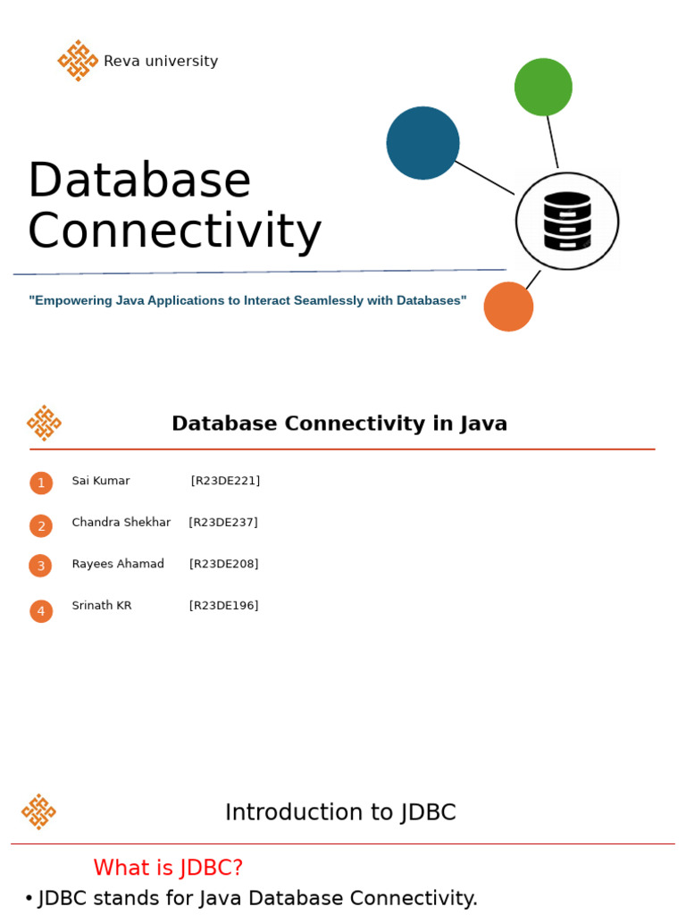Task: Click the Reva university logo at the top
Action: (x=78, y=61)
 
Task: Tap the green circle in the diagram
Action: (x=543, y=87)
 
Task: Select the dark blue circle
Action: (x=422, y=143)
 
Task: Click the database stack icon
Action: (x=567, y=221)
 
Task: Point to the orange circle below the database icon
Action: (x=508, y=306)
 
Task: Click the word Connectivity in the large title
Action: (x=174, y=231)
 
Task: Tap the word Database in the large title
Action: (x=139, y=180)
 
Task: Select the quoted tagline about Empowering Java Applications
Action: (x=247, y=301)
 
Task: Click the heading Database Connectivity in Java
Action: (x=339, y=424)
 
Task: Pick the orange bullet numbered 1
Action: (x=41, y=483)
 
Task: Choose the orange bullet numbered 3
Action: (x=40, y=566)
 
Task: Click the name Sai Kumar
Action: (x=101, y=481)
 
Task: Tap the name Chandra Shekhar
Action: (x=121, y=523)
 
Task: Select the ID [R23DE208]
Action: (x=223, y=564)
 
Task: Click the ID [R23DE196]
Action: (x=223, y=606)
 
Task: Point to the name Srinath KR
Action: (x=102, y=606)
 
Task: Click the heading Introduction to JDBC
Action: (x=340, y=812)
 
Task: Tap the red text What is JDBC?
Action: (x=168, y=868)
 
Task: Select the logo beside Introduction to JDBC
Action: (x=38, y=811)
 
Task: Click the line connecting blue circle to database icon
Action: (x=484, y=177)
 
